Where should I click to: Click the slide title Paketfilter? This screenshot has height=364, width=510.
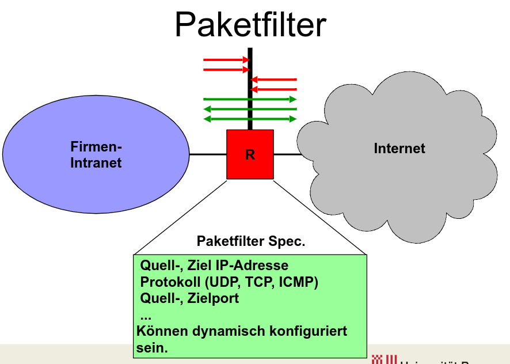tap(250, 24)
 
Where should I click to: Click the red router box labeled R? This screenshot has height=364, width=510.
tap(250, 154)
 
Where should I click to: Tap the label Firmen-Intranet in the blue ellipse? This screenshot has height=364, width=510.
tap(96, 154)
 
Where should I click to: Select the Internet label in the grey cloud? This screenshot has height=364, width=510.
tap(399, 149)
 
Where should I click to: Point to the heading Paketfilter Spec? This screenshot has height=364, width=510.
tap(251, 241)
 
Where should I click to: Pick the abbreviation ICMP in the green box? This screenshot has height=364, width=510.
tap(298, 282)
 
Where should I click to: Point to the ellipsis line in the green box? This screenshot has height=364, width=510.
tap(146, 316)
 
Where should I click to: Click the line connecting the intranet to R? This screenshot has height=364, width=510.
tap(208, 154)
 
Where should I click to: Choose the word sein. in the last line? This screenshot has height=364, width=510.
tap(151, 348)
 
